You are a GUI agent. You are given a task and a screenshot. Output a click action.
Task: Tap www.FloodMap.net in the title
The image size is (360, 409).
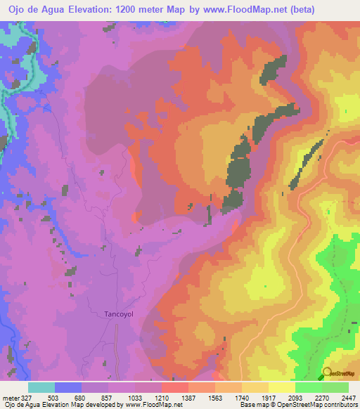236,10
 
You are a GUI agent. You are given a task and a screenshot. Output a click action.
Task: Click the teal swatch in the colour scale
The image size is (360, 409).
41,387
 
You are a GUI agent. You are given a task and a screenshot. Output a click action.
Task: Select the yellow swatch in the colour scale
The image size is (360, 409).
282,387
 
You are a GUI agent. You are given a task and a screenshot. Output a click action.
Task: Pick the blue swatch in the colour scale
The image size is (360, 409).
68,387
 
